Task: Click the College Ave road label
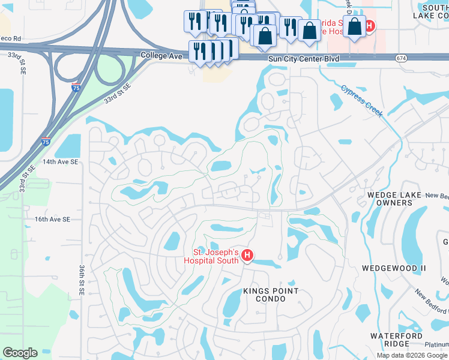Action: tap(161, 55)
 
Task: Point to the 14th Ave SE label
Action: tap(61, 162)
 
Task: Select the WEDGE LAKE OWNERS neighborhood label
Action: tap(393, 199)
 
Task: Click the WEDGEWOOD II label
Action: tap(394, 268)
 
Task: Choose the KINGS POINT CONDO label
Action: tap(270, 296)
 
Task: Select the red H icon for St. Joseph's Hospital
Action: tap(247, 257)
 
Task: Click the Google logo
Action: tap(20, 353)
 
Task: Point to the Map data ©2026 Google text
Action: tap(412, 355)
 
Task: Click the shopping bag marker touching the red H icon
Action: tap(355, 26)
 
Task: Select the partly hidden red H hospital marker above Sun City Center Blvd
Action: tap(370, 26)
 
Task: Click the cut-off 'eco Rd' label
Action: tap(10, 38)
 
